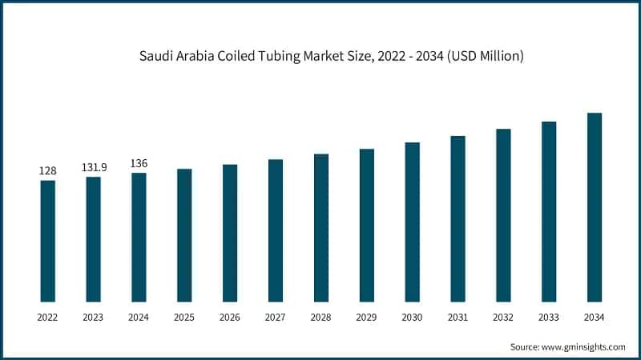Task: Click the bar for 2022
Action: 48,240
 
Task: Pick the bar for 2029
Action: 366,225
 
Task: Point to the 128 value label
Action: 48,171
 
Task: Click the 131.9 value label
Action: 94,167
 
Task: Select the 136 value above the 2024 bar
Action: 139,163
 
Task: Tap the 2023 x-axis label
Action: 93,318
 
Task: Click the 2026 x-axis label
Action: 230,318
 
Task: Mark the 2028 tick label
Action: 320,318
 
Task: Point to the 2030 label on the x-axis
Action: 412,318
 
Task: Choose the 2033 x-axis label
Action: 548,318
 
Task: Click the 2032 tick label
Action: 503,318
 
